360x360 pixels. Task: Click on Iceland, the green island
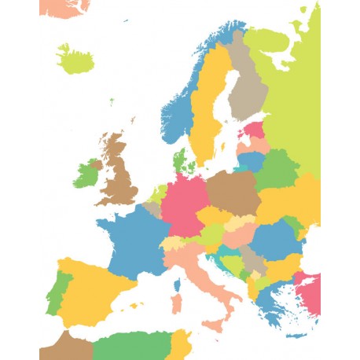[x=75, y=59]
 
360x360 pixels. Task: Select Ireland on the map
[x=86, y=174]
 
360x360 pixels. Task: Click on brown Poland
[x=233, y=193]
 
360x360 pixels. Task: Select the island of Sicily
[x=214, y=325]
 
